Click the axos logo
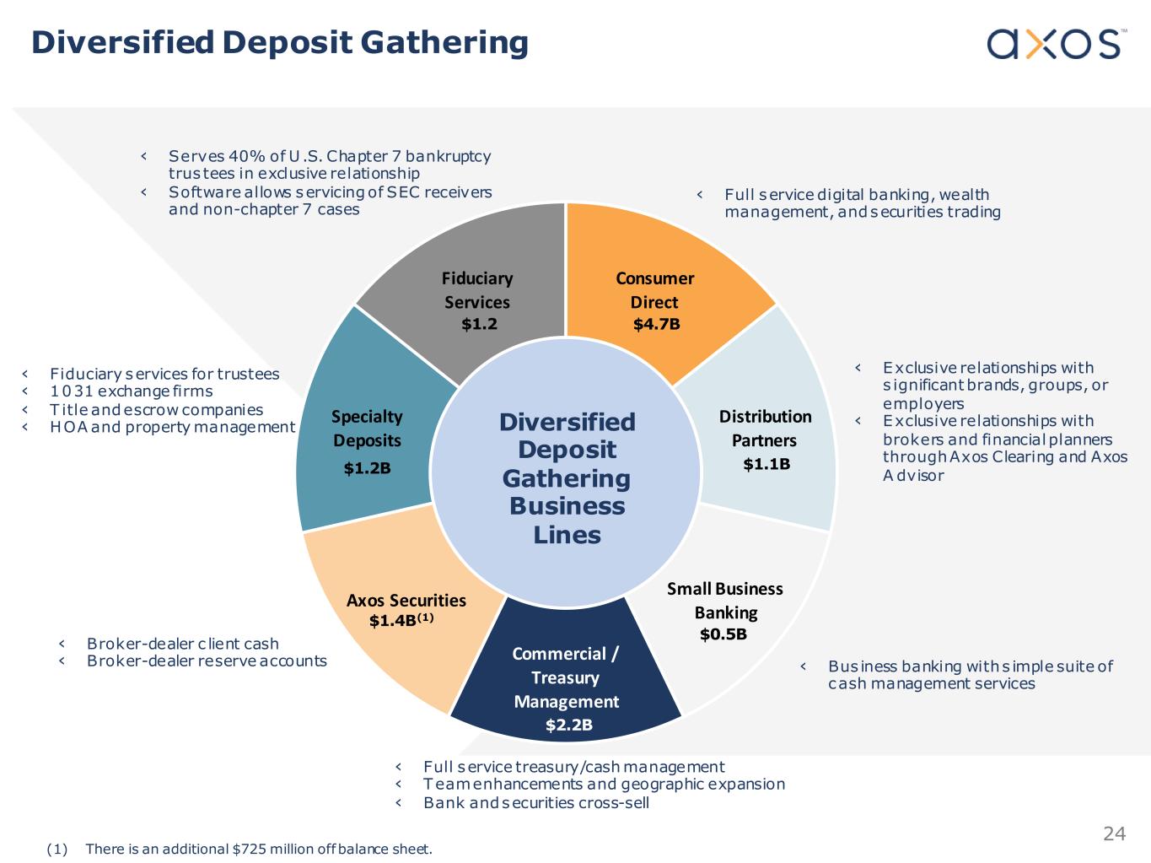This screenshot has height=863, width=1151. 1054,43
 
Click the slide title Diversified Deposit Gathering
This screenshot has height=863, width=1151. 279,42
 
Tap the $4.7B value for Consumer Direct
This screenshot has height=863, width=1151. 656,324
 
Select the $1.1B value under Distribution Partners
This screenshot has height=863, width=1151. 766,463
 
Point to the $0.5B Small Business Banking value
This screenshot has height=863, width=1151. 723,634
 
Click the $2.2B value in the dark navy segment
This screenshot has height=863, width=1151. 568,725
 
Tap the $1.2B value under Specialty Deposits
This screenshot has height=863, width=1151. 367,467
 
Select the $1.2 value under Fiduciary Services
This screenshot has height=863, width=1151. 479,324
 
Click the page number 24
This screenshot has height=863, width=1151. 1114,833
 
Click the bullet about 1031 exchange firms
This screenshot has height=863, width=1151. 131,391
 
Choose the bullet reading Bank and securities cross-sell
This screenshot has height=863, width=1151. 535,802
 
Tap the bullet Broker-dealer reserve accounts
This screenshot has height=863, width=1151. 207,661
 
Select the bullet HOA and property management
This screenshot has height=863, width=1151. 172,427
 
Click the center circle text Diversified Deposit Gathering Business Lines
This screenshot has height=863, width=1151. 567,477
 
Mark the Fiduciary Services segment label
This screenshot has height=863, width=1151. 477,289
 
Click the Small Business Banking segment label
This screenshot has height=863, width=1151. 725,600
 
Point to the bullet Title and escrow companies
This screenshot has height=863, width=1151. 156,409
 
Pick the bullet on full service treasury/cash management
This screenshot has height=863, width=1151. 573,766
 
